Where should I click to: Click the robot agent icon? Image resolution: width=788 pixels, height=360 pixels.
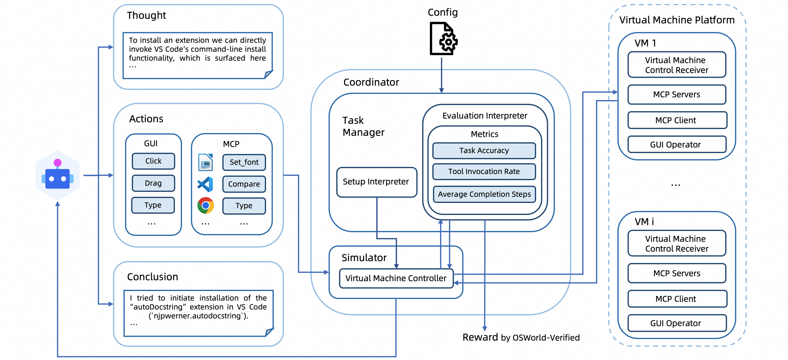click(58, 175)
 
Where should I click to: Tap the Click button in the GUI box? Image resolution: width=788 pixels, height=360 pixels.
click(153, 161)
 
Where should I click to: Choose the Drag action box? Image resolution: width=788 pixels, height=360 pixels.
click(153, 183)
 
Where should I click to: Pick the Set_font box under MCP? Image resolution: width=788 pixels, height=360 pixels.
click(244, 162)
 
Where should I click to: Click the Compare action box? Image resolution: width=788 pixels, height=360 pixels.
click(244, 184)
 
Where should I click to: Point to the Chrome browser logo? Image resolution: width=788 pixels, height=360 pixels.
click(205, 205)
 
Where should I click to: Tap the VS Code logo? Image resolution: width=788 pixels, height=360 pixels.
click(205, 184)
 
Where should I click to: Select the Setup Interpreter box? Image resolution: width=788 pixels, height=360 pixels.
click(377, 182)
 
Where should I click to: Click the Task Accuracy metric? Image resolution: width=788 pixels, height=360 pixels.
click(484, 151)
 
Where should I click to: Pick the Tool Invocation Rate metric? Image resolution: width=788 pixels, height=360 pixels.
click(484, 172)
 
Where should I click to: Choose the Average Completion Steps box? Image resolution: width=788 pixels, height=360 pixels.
click(484, 194)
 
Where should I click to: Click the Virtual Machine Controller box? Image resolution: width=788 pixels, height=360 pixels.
click(396, 278)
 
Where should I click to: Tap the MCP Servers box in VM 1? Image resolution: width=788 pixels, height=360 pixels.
click(677, 95)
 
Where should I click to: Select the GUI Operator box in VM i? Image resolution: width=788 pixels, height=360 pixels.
click(677, 323)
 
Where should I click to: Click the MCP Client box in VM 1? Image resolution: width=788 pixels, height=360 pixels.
click(677, 120)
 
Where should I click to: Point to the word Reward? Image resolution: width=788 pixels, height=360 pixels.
click(480, 337)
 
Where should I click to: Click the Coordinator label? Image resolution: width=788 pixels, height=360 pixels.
click(371, 82)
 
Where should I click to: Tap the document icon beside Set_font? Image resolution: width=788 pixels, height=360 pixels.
click(205, 162)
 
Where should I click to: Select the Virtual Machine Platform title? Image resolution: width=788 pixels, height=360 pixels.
click(677, 20)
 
